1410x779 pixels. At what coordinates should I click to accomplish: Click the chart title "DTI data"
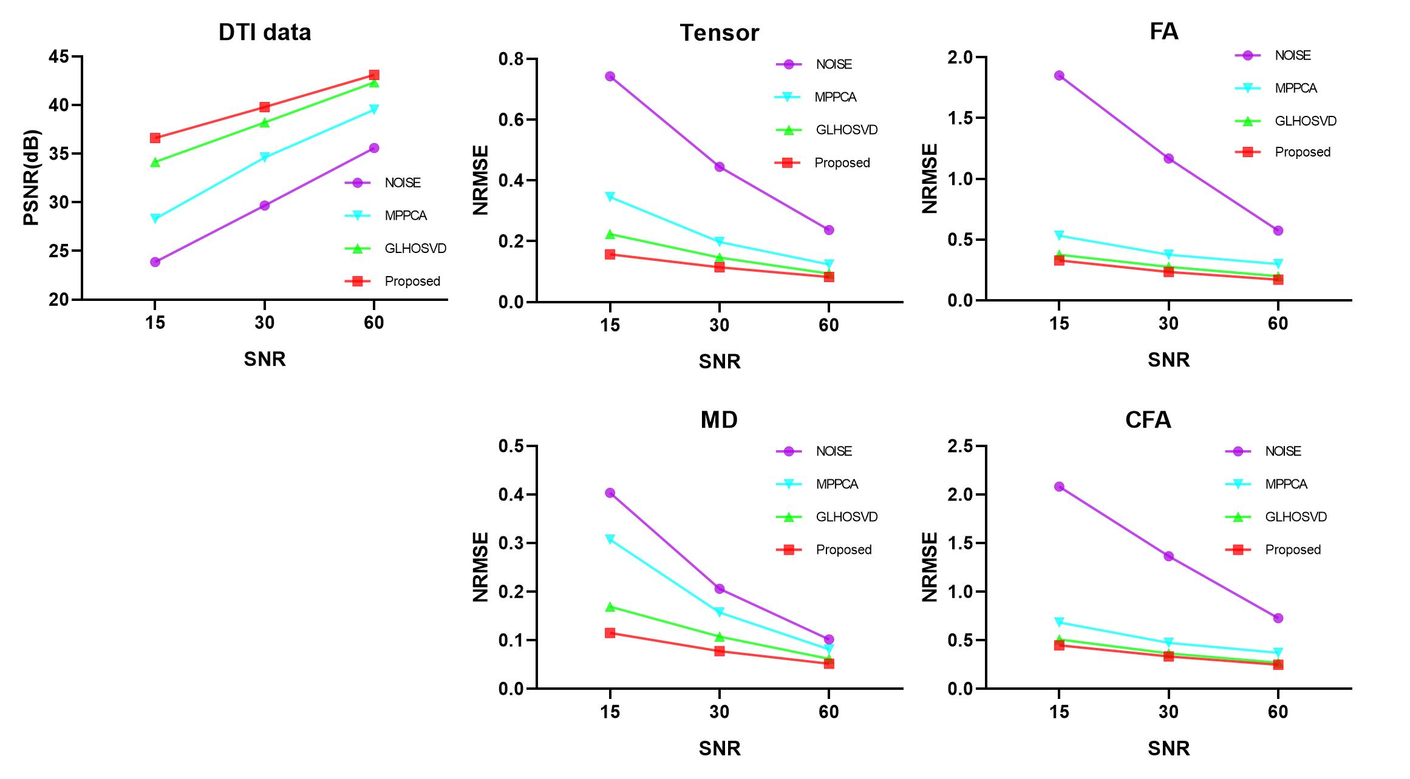pos(265,32)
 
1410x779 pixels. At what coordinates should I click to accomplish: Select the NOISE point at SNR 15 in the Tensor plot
pos(610,76)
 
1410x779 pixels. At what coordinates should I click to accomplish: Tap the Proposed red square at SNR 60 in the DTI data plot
pos(374,75)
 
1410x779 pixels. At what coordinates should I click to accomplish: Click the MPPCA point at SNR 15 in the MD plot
pos(610,539)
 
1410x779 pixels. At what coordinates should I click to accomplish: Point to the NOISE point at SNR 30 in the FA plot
pos(1168,159)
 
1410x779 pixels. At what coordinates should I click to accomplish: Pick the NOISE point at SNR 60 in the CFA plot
pos(1278,618)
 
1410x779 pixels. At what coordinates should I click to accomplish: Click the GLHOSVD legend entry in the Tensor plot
pos(846,130)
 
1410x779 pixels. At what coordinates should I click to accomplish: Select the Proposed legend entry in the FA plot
pos(1302,152)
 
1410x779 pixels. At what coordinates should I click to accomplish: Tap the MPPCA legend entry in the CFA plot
pos(1286,484)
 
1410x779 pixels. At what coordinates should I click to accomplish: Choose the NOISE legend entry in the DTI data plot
pos(402,183)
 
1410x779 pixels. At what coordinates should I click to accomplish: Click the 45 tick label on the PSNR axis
pos(59,57)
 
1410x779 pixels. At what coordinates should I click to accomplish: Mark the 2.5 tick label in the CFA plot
pos(961,447)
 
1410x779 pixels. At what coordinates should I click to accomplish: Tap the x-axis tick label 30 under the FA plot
pos(1168,323)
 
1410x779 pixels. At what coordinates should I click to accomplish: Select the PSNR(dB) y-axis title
pos(31,178)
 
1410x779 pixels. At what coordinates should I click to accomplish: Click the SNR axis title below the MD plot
pos(720,749)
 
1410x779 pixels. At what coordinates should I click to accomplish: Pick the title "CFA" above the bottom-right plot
pos(1148,420)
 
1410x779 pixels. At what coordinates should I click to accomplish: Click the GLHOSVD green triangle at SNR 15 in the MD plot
pos(610,607)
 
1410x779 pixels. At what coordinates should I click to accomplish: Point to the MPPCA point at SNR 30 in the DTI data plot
pos(265,157)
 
